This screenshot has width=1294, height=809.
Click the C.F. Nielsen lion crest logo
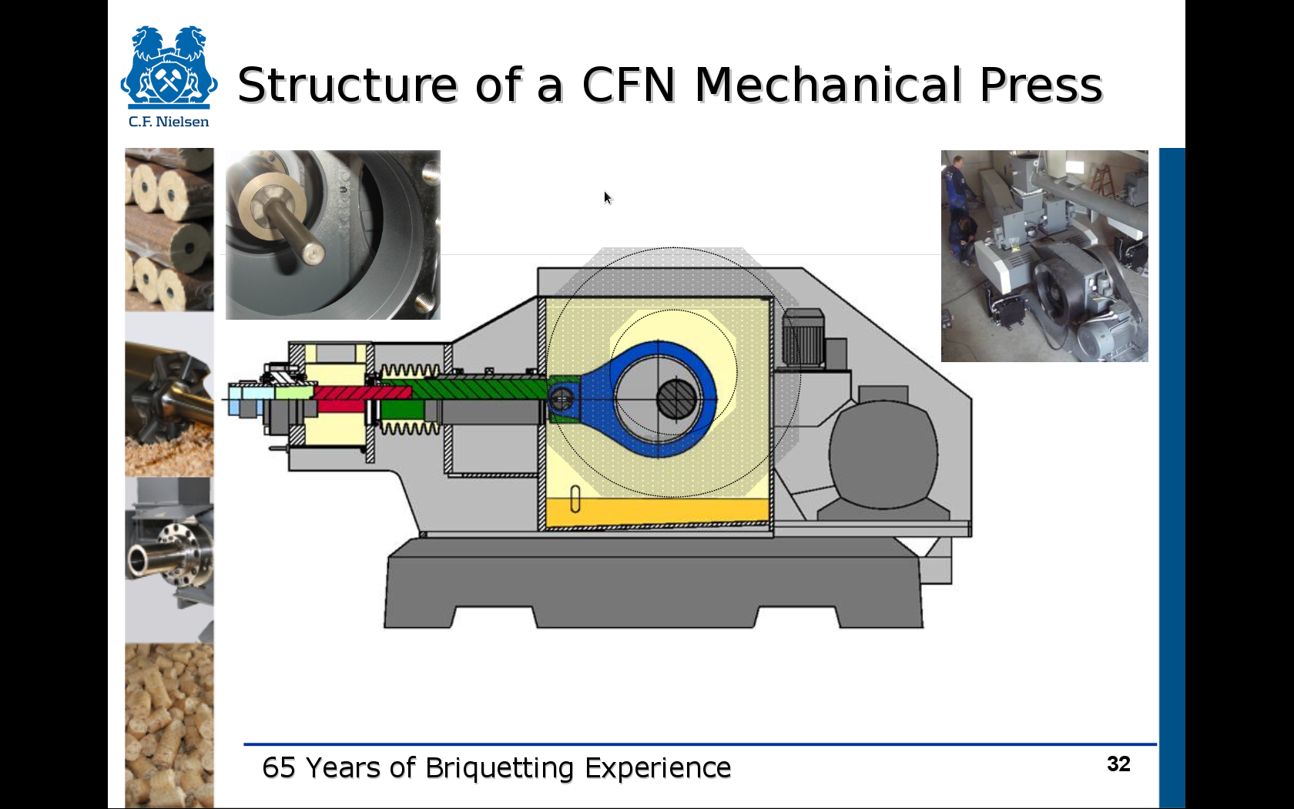[x=169, y=67]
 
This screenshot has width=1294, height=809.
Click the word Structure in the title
[x=347, y=85]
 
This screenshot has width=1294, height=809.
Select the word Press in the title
[x=1041, y=85]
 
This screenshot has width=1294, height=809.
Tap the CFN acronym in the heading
[x=629, y=85]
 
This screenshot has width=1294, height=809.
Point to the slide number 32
[x=1118, y=764]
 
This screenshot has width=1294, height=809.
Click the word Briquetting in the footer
[x=500, y=768]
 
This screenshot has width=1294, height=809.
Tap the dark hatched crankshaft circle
[x=676, y=399]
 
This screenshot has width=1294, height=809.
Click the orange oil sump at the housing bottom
[x=658, y=512]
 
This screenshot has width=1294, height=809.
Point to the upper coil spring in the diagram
[x=409, y=371]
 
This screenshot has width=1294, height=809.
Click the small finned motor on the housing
[x=803, y=338]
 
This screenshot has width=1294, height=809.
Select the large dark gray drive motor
[x=883, y=455]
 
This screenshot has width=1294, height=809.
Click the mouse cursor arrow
[x=607, y=197]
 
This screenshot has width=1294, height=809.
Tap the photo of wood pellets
[x=169, y=725]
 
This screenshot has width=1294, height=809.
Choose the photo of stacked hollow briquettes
[x=169, y=230]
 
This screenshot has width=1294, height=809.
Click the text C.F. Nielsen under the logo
[x=169, y=122]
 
